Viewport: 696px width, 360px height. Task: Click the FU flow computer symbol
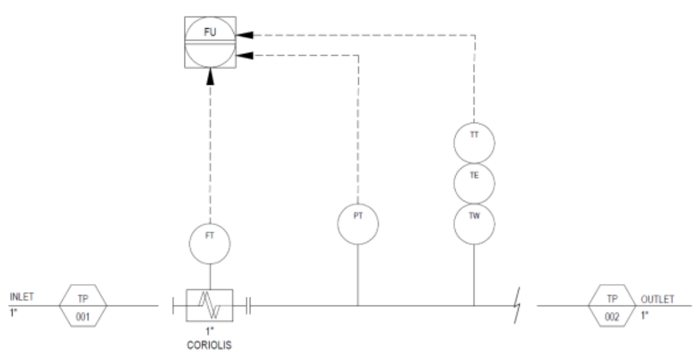(x=210, y=42)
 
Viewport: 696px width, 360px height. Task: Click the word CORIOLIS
(x=210, y=345)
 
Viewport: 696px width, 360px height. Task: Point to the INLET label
(x=22, y=297)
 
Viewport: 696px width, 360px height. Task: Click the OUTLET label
(x=657, y=299)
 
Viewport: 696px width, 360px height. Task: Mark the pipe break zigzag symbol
(x=517, y=305)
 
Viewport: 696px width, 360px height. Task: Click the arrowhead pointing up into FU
(x=210, y=77)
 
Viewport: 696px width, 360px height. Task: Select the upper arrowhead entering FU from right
(x=245, y=35)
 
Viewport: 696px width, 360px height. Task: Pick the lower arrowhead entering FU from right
(x=245, y=55)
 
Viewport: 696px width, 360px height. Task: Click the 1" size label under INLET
(x=13, y=313)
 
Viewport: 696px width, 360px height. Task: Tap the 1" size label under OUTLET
(x=645, y=315)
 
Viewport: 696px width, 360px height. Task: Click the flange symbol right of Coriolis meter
(x=248, y=305)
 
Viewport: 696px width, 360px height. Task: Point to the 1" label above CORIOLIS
(x=210, y=331)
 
